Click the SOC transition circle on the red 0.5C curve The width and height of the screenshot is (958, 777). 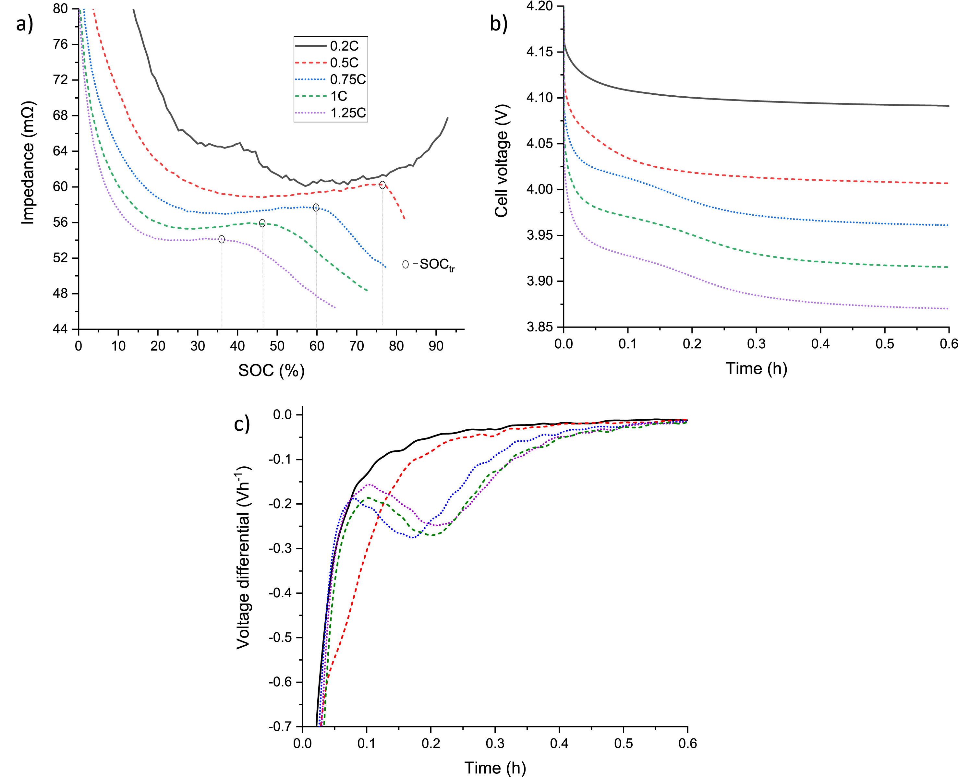[x=382, y=185]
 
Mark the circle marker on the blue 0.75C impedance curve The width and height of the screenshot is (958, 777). [x=316, y=207]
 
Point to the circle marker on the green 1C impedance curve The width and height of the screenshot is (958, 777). [x=262, y=223]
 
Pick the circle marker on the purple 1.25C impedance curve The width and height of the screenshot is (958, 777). [x=222, y=239]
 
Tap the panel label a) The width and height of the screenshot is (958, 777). [x=25, y=24]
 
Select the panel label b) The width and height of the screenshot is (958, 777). [x=498, y=24]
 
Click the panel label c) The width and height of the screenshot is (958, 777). [x=242, y=423]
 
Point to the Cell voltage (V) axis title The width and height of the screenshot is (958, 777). [x=501, y=161]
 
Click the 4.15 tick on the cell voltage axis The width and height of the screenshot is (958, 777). [x=540, y=52]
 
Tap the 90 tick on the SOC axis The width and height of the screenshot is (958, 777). [x=436, y=346]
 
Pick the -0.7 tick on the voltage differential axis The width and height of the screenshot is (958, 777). [x=280, y=726]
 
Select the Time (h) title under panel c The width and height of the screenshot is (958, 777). [x=495, y=768]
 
